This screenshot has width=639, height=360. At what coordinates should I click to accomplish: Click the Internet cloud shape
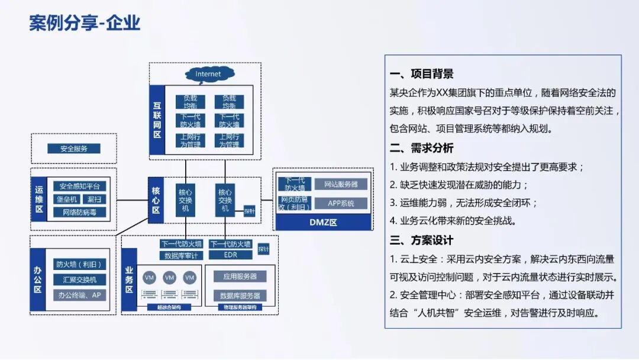pyautogui.click(x=208, y=74)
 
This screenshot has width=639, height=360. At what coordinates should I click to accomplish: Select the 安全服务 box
pyautogui.click(x=74, y=149)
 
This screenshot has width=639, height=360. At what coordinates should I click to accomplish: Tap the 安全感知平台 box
pyautogui.click(x=79, y=187)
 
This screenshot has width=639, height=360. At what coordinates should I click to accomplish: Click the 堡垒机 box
pyautogui.click(x=66, y=200)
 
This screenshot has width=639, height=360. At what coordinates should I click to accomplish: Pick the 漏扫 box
pyautogui.click(x=93, y=200)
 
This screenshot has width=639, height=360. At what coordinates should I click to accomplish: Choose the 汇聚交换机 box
pyautogui.click(x=79, y=279)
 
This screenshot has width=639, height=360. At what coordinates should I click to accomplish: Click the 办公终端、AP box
pyautogui.click(x=79, y=294)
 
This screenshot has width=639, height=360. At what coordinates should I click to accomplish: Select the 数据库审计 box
pyautogui.click(x=182, y=256)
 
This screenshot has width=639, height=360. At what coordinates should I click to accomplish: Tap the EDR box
pyautogui.click(x=230, y=256)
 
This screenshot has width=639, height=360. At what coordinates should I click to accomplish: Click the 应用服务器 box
pyautogui.click(x=239, y=277)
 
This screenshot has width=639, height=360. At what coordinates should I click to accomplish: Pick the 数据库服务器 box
pyautogui.click(x=239, y=295)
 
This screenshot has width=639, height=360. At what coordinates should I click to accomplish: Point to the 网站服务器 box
pyautogui.click(x=341, y=184)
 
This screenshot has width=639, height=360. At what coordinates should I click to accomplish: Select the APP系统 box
pyautogui.click(x=341, y=203)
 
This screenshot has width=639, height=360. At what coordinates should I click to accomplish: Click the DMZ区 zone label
pyautogui.click(x=323, y=223)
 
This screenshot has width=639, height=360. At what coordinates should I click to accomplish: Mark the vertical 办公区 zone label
pyautogui.click(x=38, y=281)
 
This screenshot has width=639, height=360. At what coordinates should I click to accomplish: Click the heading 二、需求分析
pyautogui.click(x=422, y=148)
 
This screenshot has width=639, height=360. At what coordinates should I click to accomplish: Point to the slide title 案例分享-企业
pyautogui.click(x=85, y=22)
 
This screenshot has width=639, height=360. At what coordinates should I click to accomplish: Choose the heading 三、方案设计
pyautogui.click(x=422, y=240)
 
